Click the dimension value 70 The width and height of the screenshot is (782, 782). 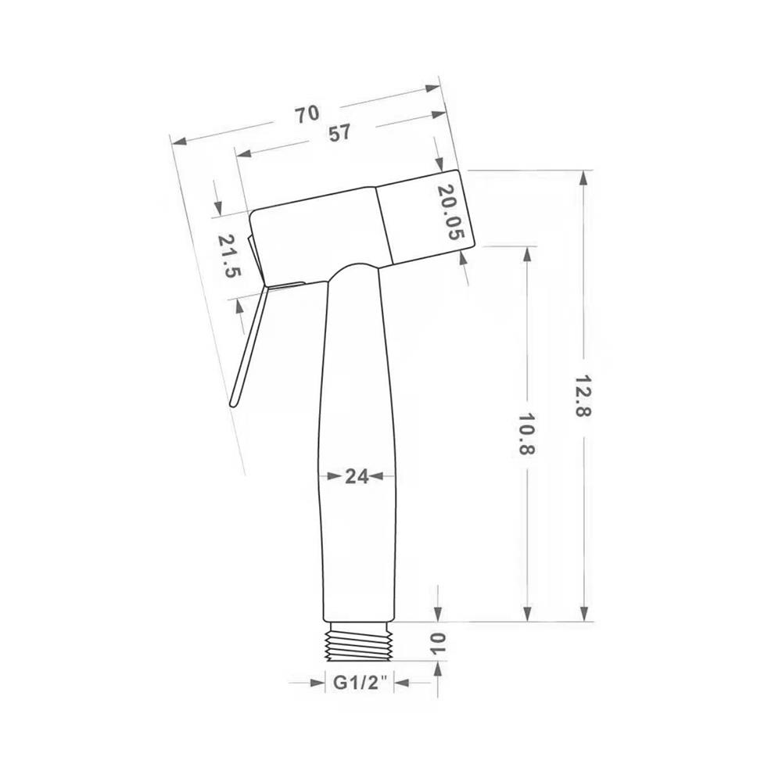(307, 114)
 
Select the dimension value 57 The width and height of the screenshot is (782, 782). (339, 133)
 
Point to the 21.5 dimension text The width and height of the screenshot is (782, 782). (229, 256)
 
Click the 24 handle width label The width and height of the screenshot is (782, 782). (357, 476)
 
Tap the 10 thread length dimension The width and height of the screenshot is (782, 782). (436, 644)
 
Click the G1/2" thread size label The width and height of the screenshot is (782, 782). (361, 683)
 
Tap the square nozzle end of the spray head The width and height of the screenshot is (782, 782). (425, 217)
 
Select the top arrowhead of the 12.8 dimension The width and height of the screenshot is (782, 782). (583, 178)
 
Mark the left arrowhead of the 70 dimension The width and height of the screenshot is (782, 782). (178, 142)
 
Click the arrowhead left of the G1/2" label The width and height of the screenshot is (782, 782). (317, 683)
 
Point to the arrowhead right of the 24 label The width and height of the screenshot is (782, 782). (375, 475)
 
